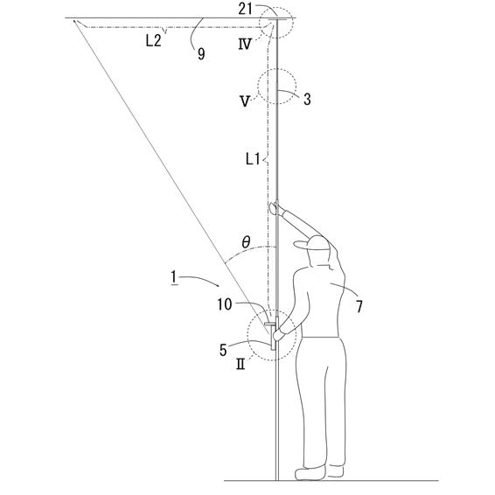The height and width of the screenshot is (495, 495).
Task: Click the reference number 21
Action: [245, 9]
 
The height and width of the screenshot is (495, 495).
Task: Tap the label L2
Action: [154, 41]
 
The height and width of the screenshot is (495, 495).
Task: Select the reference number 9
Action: [201, 54]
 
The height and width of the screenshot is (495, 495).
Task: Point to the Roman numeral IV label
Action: [245, 45]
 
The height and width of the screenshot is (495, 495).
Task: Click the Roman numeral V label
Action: [245, 101]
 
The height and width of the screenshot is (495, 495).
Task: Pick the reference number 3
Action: [307, 99]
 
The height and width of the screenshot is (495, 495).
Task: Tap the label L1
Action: [253, 159]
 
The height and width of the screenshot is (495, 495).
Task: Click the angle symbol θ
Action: [246, 242]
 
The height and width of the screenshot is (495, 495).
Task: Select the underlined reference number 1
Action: [173, 277]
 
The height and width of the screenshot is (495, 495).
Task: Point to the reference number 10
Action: [225, 304]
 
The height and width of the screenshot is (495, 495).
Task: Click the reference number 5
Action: [223, 350]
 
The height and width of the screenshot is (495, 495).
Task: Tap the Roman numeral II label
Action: [241, 365]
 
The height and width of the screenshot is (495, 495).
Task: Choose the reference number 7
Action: [359, 306]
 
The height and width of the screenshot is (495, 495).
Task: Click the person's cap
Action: [312, 243]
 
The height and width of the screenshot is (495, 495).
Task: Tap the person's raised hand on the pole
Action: [274, 208]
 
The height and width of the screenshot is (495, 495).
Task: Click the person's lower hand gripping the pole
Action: [278, 334]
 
